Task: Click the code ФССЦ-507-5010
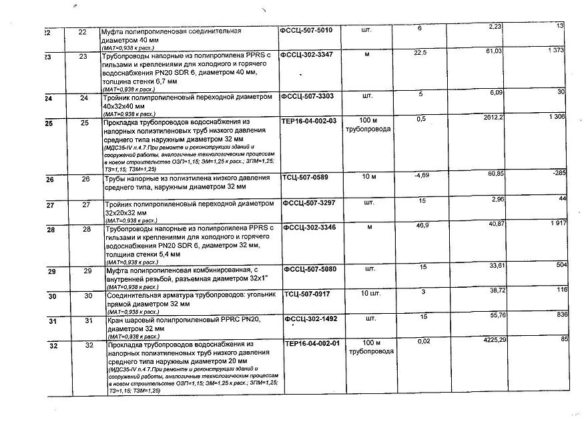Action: (311, 30)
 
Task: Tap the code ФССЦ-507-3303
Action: (312, 96)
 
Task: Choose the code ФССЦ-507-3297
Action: (312, 201)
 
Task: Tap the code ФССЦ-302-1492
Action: (312, 318)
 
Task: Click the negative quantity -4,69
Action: (420, 175)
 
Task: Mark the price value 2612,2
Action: (491, 117)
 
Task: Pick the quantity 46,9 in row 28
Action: (422, 226)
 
